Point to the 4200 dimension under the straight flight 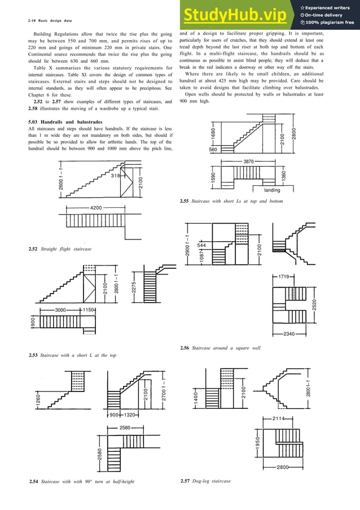coord(96,208)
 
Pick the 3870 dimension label coord(249,162)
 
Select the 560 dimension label coord(213,150)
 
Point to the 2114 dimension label coord(278,419)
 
